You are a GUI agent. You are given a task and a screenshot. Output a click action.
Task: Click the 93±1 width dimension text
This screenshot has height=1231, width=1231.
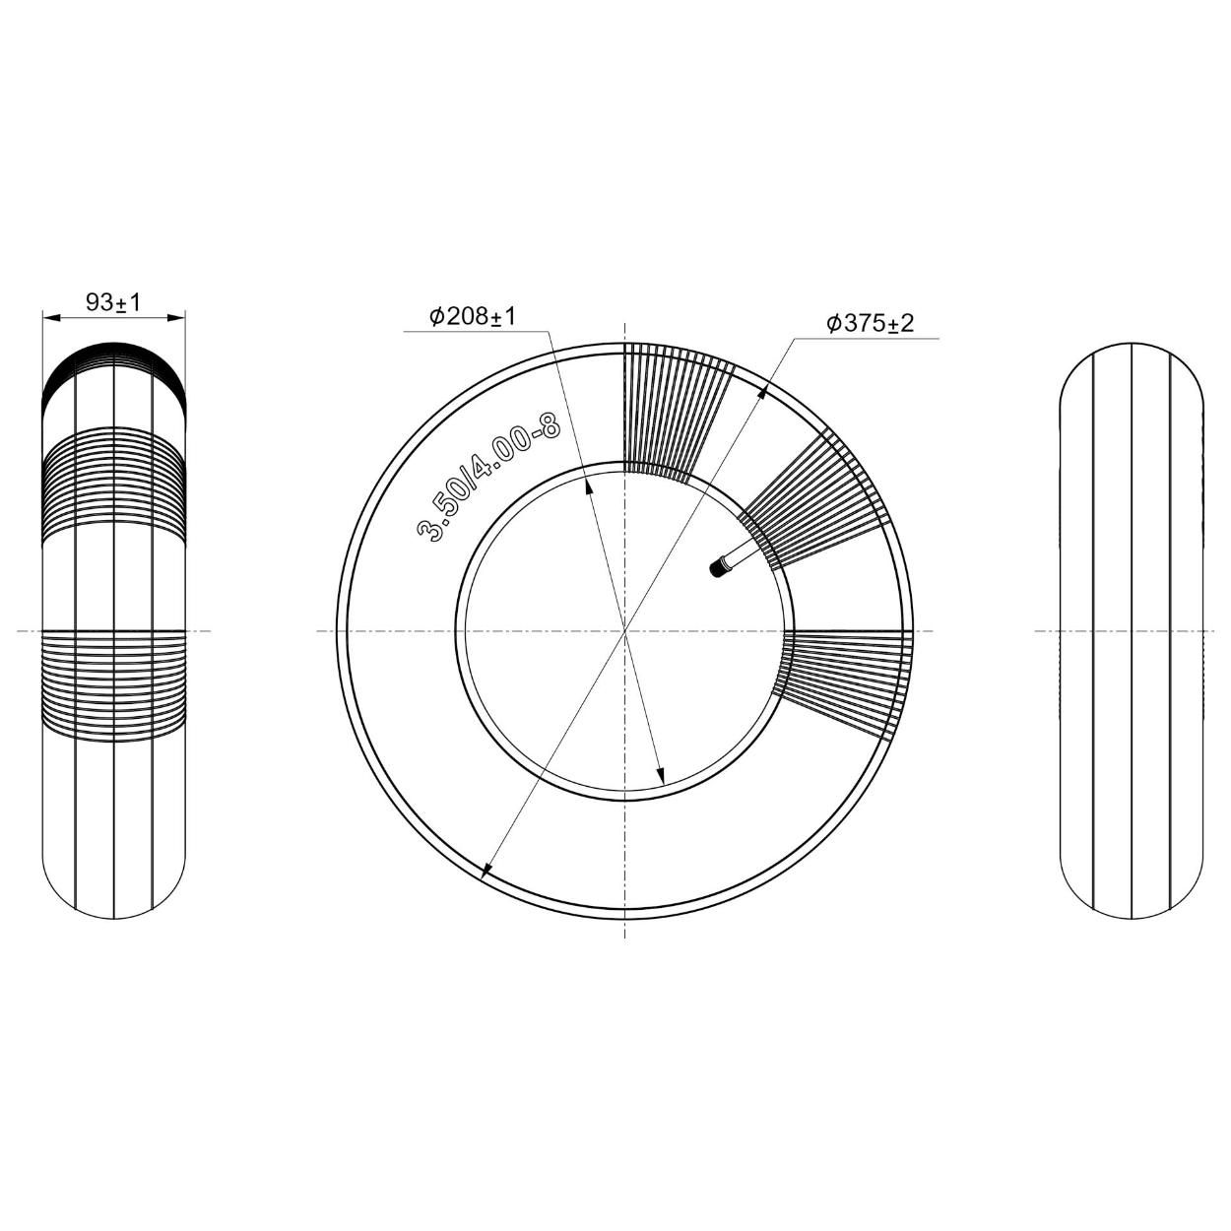coord(113,302)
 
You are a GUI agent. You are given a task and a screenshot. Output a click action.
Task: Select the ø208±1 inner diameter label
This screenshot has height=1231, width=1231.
coord(473,316)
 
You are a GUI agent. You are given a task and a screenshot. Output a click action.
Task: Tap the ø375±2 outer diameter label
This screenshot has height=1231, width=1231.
coord(871,323)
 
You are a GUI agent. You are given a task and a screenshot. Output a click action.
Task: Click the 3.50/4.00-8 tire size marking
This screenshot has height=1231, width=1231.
coord(488,477)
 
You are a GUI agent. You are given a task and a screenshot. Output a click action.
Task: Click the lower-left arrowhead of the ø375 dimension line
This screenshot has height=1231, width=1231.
coord(486,870)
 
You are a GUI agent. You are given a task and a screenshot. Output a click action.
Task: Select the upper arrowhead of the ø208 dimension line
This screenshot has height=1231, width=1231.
coord(588,484)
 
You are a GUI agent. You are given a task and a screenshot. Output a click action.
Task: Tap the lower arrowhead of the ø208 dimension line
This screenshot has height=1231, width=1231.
coord(661,777)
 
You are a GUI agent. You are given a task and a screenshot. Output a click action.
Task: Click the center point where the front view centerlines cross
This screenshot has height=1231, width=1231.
coord(624,630)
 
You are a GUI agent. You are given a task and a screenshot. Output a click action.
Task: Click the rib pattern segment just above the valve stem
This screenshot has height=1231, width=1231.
coord(817,502)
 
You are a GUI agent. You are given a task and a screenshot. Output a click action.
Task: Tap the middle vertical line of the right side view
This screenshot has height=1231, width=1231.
coord(1133,630)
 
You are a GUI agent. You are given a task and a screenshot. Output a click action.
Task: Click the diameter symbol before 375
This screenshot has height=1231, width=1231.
coord(833,323)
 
